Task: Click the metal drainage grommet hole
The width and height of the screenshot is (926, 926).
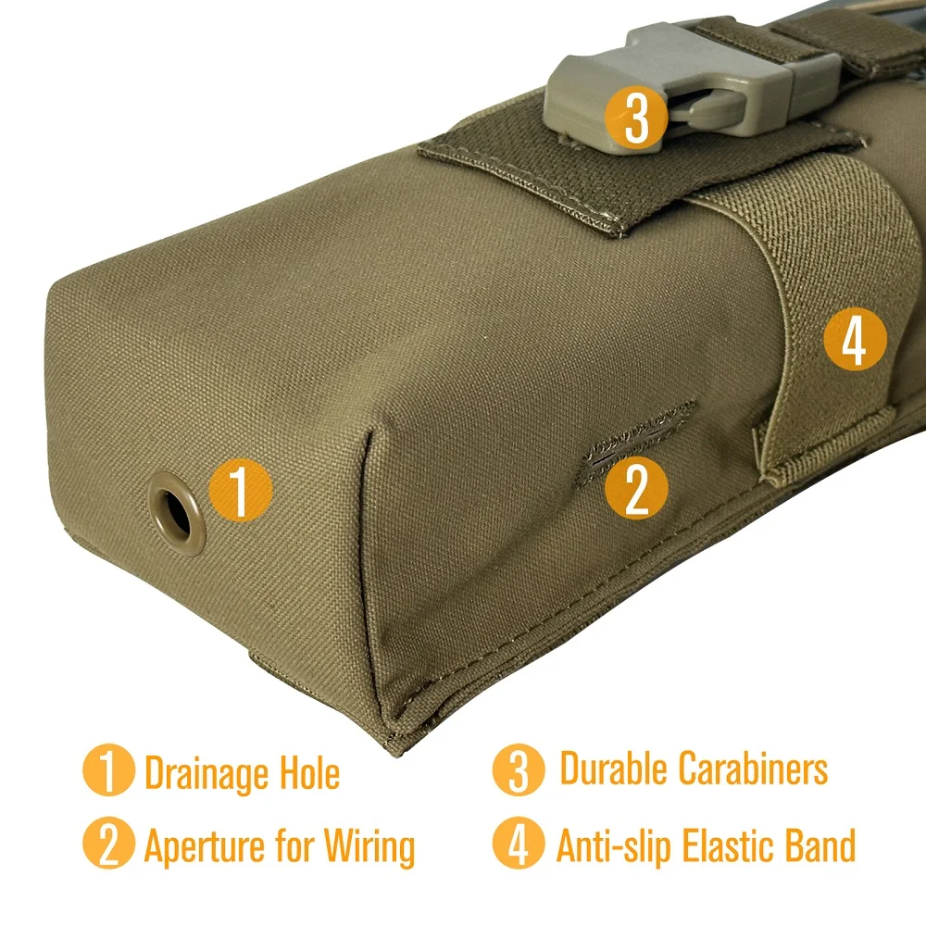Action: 177,513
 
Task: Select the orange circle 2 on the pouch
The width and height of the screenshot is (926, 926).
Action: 637,488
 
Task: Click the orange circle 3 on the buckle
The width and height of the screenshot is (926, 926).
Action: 636,117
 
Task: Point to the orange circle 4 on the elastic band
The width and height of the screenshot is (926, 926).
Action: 855,339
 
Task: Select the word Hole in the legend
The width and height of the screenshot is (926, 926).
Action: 309,772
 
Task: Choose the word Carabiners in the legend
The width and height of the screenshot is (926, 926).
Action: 753,768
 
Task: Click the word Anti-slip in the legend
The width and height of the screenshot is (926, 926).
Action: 614,845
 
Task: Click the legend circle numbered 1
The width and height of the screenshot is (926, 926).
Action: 108,770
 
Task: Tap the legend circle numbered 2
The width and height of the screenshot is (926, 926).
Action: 108,844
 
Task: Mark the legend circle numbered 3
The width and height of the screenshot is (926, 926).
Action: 519,770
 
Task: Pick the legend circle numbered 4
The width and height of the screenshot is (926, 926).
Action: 519,844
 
